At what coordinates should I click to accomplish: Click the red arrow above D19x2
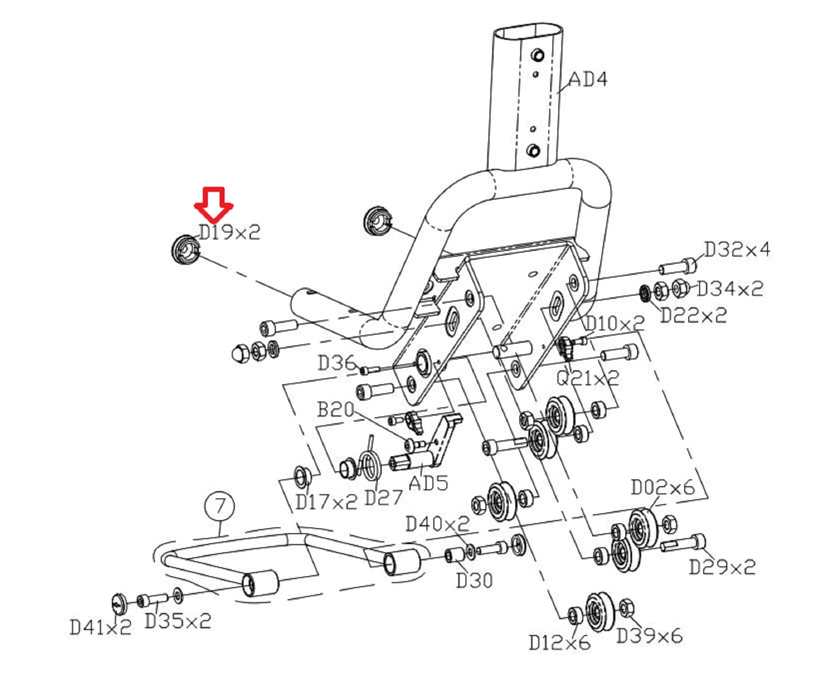tap(214, 204)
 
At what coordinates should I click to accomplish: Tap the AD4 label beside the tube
tap(588, 79)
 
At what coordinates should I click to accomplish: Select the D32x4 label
tap(737, 249)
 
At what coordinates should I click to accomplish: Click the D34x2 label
tap(730, 289)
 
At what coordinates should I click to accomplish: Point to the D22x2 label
tap(693, 316)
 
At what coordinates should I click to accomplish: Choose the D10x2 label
tap(615, 323)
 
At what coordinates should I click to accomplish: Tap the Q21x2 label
tap(588, 378)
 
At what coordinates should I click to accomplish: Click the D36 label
tap(337, 363)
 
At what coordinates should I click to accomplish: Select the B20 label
tap(336, 410)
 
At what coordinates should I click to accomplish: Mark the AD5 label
tap(428, 483)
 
